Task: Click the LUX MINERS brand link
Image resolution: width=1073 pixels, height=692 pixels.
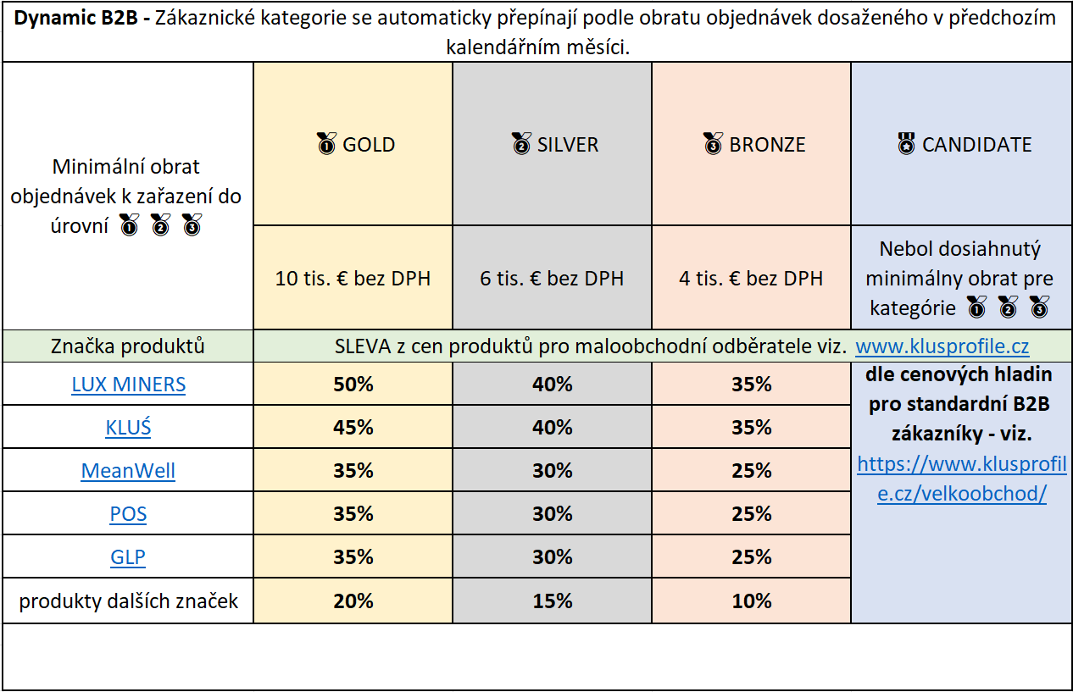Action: coord(128,385)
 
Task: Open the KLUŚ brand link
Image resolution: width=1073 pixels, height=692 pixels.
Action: coord(128,427)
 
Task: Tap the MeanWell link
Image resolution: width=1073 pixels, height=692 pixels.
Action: coord(128,470)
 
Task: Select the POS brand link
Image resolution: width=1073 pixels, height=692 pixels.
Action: coord(128,513)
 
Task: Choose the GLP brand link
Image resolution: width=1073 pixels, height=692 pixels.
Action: coord(128,557)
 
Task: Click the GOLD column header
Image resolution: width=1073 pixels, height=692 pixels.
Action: coord(356,144)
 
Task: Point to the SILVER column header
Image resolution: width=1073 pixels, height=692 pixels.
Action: coord(554,144)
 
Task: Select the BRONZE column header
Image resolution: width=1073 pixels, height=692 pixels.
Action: coord(754,144)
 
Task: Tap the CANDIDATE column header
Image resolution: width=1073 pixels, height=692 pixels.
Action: coord(965,144)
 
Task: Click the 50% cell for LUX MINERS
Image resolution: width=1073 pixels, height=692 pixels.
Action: coord(353,385)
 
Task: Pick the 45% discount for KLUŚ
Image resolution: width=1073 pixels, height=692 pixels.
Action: coord(353,428)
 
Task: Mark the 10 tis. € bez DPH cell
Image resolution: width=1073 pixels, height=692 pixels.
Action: coord(353,279)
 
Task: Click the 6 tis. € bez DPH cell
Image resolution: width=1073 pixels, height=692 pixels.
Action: coord(552,279)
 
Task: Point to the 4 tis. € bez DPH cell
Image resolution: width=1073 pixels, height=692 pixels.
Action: coord(751,279)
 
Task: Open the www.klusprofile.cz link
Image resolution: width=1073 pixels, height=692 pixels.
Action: coord(942,346)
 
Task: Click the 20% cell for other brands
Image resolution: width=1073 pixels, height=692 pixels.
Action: coord(353,601)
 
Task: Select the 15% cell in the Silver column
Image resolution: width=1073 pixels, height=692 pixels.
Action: coord(553,601)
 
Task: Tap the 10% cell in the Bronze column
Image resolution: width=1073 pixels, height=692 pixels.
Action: coord(752,601)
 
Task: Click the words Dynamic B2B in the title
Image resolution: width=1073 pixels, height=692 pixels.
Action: coord(75,18)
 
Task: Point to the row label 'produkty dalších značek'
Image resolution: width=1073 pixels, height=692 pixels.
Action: coord(128,601)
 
